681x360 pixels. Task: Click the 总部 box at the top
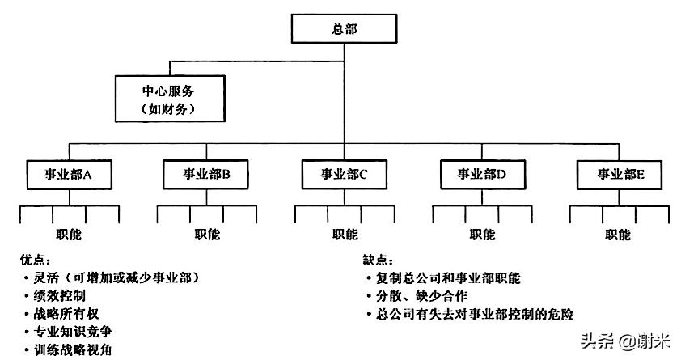[x=344, y=29]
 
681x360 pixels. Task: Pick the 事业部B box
[x=205, y=172]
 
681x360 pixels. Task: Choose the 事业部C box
[x=345, y=172]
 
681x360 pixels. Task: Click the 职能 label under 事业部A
[x=69, y=235]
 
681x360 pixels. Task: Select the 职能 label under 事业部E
[x=619, y=235]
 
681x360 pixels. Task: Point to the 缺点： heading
[x=379, y=260]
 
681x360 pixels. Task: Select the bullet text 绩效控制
[x=60, y=295]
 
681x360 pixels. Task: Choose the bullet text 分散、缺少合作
[x=417, y=295]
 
